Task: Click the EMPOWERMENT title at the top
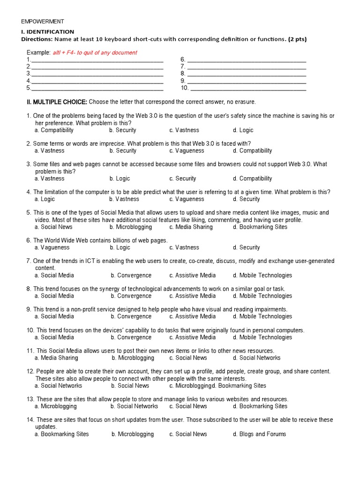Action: (43, 22)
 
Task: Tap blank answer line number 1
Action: (97, 60)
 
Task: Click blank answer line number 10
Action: (248, 88)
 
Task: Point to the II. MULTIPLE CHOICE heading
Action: (57, 102)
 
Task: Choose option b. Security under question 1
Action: (123, 130)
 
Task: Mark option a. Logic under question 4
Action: (45, 199)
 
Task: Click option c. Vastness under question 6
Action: (184, 247)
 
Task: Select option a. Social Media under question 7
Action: (54, 276)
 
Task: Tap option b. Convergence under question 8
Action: (131, 296)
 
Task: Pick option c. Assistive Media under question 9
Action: (193, 317)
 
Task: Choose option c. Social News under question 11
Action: (188, 358)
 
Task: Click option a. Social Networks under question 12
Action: (58, 386)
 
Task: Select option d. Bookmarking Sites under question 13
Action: (260, 406)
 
